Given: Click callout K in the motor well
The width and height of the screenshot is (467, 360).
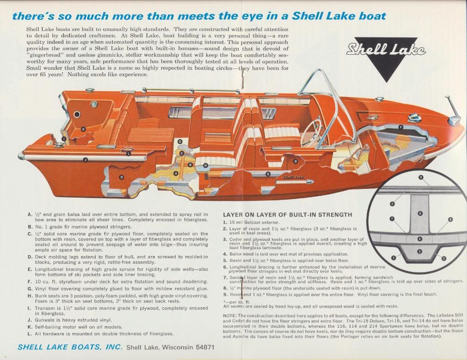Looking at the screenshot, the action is pyautogui.click(x=83, y=129).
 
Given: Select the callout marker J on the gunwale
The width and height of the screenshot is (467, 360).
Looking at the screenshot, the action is pyautogui.click(x=85, y=160).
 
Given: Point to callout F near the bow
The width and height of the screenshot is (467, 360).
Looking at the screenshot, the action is pyautogui.click(x=401, y=127).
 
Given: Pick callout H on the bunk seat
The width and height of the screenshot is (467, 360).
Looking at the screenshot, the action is pyautogui.click(x=205, y=165).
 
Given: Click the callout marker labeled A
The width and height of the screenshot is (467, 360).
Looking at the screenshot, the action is pyautogui.click(x=176, y=173).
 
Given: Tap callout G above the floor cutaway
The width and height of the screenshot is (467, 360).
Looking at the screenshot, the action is pyautogui.click(x=180, y=141).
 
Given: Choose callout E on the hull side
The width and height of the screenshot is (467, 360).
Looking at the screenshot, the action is pyautogui.click(x=268, y=174).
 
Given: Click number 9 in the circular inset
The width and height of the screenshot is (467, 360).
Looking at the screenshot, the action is pyautogui.click(x=420, y=177).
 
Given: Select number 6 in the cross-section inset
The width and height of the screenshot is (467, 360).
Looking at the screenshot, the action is pyautogui.click(x=420, y=214).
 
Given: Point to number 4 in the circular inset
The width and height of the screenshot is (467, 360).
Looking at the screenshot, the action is pyautogui.click(x=420, y=239).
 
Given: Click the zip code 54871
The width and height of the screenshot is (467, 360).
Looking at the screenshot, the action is pyautogui.click(x=205, y=348).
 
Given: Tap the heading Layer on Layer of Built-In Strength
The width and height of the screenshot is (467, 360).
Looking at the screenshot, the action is pyautogui.click(x=287, y=214).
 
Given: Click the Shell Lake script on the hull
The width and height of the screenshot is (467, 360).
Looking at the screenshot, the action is pyautogui.click(x=294, y=177).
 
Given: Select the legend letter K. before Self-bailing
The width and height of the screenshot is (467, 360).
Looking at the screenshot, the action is pyautogui.click(x=29, y=327).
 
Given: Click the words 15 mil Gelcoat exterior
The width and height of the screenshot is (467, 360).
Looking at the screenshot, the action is pyautogui.click(x=254, y=222).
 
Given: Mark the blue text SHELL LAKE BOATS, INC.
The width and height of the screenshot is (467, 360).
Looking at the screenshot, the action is pyautogui.click(x=70, y=347).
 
